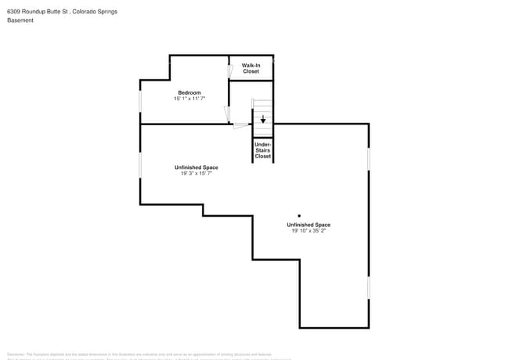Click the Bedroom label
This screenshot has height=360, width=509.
click(189, 92)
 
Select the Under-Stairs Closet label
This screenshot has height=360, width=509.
click(263, 150)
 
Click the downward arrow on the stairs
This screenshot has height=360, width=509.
click(263, 119)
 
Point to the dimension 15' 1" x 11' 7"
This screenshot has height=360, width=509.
click(189, 99)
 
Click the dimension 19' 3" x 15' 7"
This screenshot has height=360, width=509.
click(196, 174)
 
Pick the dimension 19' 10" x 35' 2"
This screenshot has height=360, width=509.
click(308, 231)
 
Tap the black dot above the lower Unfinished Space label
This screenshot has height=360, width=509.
click(298, 215)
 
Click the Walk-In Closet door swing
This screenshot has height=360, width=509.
click(230, 70)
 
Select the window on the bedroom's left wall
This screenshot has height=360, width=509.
click(140, 102)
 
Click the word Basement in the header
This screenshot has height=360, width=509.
click(20, 20)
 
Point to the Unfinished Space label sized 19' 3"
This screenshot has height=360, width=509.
click(196, 167)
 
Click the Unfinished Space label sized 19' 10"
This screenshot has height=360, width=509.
click(308, 225)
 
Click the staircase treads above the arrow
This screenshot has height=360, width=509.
click(262, 105)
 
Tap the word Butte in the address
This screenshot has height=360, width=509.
click(56, 12)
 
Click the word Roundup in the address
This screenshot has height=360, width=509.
click(36, 12)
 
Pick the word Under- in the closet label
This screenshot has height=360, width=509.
click(263, 144)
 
